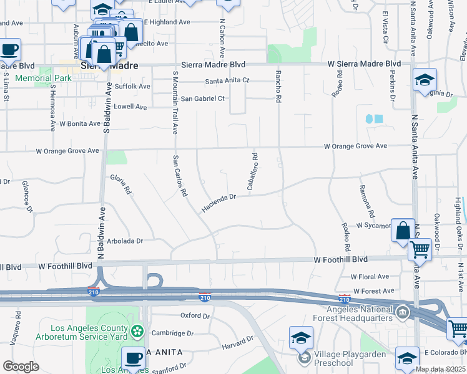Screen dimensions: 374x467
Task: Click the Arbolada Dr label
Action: click(x=125, y=241)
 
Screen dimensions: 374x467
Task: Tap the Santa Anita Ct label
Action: click(x=227, y=81)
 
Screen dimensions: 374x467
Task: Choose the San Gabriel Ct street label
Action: click(x=202, y=98)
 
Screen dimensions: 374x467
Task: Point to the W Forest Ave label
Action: click(x=373, y=290)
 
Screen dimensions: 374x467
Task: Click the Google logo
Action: click(x=21, y=367)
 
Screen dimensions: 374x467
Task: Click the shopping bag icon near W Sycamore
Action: click(x=403, y=230)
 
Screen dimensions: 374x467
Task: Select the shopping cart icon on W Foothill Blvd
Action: click(x=420, y=250)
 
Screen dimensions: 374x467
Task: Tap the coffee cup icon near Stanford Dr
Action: click(x=133, y=358)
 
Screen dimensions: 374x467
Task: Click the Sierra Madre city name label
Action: click(x=104, y=65)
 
